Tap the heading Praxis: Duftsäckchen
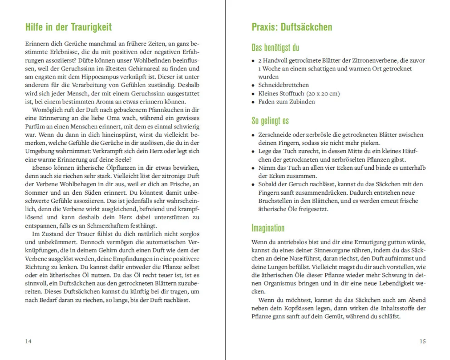(x=292, y=27)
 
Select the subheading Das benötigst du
(x=275, y=48)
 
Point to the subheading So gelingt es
(x=270, y=121)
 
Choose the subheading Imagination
(x=268, y=228)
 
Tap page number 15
(x=422, y=341)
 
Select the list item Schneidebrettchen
(x=284, y=85)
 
